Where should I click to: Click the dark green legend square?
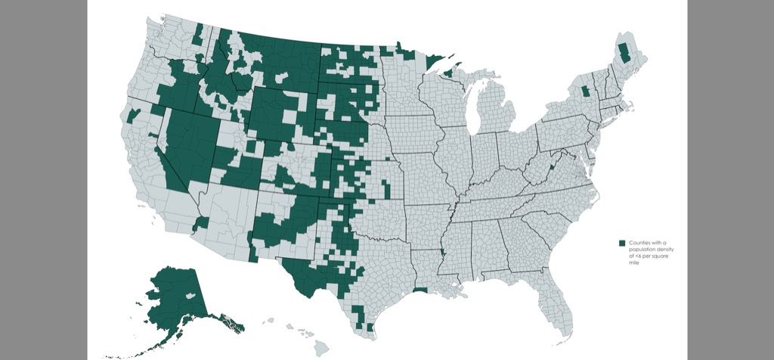point(622,243)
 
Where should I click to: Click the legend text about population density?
point(649,253)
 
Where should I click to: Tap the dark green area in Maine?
point(624,53)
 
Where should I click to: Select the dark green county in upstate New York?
point(585,92)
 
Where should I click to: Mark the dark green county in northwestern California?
point(134,115)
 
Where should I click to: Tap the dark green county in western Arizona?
point(202,222)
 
